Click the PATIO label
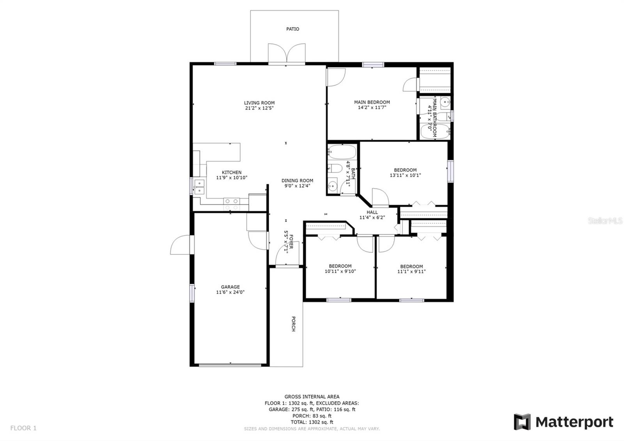292,29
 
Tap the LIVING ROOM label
259,103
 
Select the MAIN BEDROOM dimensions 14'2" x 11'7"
372,107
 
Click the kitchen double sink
199,187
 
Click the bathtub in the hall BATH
342,152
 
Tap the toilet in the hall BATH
335,169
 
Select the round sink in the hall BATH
333,186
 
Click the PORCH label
293,324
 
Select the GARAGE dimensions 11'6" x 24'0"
230,292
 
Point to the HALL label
372,212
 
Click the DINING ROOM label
297,181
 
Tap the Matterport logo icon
522,422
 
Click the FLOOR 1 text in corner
23,428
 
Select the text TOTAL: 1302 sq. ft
312,422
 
